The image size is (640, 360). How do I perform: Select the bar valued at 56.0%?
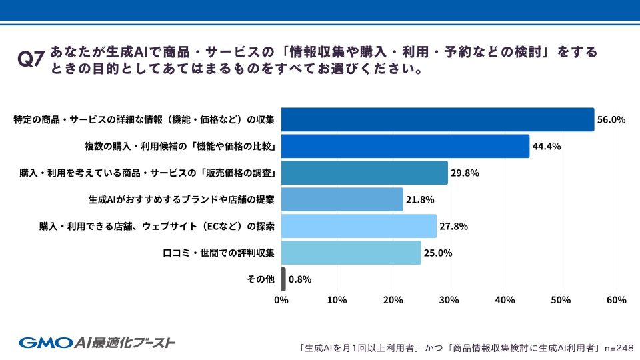(437, 119)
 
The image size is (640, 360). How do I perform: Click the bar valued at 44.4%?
(405, 146)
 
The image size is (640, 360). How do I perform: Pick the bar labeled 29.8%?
(365, 173)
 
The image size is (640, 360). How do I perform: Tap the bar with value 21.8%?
(342, 199)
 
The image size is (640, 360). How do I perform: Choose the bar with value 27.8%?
(359, 226)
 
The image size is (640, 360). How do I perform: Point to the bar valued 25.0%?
(351, 253)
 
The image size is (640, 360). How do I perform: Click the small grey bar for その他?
(283, 279)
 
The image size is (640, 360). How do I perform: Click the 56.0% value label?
(611, 120)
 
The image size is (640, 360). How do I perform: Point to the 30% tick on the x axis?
(449, 301)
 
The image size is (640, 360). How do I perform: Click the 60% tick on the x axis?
(616, 301)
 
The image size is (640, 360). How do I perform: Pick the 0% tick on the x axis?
(281, 301)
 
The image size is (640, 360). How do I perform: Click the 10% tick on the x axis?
(337, 301)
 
